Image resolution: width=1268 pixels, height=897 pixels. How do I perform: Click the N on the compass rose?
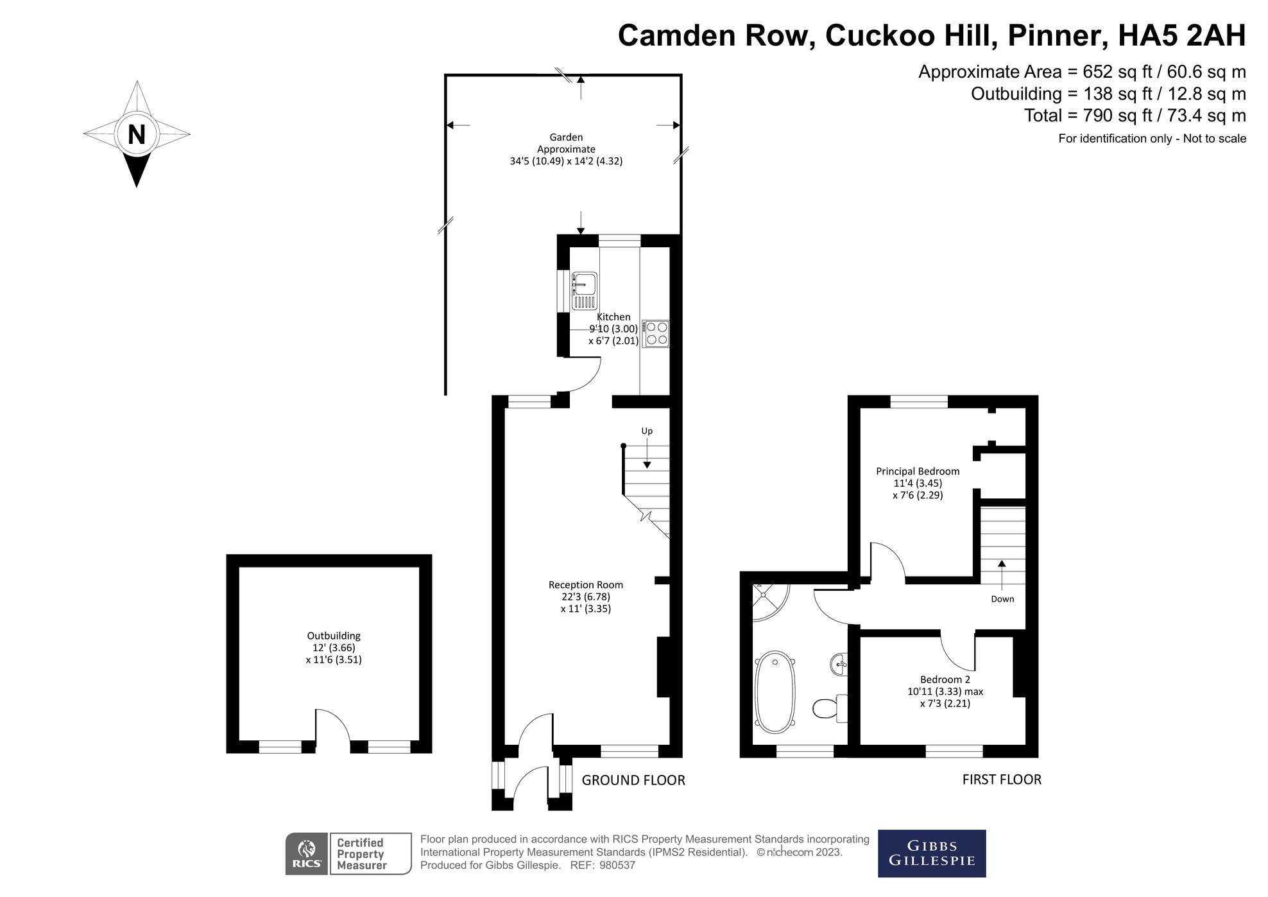137,135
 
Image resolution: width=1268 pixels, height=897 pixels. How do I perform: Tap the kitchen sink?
584,291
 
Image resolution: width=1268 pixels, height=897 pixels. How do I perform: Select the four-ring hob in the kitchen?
656,334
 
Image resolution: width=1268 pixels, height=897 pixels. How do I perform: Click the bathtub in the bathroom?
775,692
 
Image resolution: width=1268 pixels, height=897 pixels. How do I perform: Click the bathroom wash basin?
839,664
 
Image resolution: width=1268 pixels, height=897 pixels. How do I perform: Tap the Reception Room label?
586,585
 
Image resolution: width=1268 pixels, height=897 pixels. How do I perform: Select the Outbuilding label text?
334,636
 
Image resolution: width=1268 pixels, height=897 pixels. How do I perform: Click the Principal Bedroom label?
918,471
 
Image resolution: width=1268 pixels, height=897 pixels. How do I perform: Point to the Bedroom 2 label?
945,679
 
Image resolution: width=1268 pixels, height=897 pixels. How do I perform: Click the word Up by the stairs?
647,431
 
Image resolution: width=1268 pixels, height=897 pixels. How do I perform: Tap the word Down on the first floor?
1002,599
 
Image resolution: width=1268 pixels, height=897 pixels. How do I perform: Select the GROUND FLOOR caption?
633,780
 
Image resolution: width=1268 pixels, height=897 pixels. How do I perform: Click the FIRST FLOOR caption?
1002,779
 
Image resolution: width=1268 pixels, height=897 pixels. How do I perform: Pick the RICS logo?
307,854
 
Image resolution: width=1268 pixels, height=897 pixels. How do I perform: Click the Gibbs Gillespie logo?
932,853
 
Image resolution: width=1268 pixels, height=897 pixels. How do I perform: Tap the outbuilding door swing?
332,725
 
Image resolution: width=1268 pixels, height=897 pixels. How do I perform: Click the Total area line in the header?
1135,116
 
